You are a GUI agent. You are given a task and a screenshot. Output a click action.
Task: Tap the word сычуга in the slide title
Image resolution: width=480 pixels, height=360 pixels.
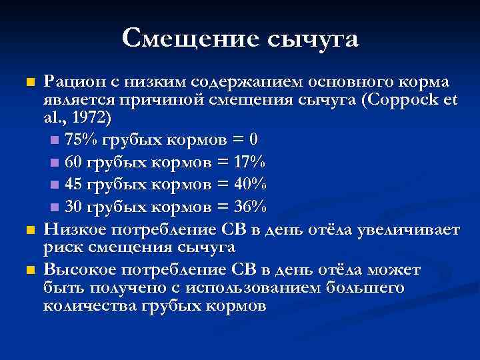point(313,39)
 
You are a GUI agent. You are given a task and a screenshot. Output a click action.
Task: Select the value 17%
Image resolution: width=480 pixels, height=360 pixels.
point(250,163)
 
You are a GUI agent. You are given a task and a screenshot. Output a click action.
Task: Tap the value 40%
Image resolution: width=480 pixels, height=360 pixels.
point(250,184)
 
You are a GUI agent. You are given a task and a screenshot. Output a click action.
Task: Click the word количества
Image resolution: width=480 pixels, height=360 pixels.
point(89,306)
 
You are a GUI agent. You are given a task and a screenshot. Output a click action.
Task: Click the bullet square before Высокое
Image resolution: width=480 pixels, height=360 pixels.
point(29,270)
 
